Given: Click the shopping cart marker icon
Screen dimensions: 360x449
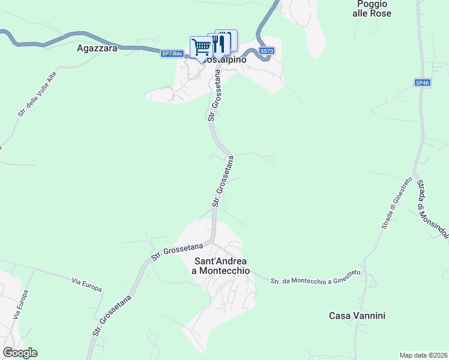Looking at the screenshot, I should point(202,47).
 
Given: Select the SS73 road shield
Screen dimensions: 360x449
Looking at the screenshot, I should point(267,52).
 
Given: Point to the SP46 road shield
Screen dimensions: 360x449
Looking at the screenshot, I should point(421,82).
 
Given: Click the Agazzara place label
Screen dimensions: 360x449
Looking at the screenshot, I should point(97,49).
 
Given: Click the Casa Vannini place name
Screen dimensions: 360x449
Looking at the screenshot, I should point(357,316).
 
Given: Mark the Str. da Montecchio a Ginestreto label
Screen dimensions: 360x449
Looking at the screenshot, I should point(315,277).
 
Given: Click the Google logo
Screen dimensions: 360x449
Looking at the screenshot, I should point(20,353).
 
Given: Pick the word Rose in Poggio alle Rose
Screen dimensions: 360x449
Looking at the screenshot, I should point(381,13).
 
